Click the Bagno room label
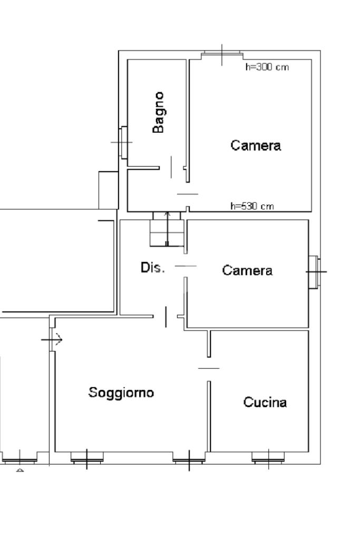(x=158, y=112)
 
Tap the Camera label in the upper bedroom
(x=256, y=145)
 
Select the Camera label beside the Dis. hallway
(x=247, y=270)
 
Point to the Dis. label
(x=152, y=268)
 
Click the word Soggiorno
(x=121, y=393)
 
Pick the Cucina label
(x=265, y=403)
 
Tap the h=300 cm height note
(x=267, y=67)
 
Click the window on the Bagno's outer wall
(x=124, y=142)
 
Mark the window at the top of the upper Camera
(x=222, y=54)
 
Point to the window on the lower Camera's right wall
(x=314, y=272)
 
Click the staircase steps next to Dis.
(x=167, y=230)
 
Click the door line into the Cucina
(x=208, y=368)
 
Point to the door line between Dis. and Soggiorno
(x=166, y=316)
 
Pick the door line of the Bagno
(x=171, y=166)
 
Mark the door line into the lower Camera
(x=185, y=266)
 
